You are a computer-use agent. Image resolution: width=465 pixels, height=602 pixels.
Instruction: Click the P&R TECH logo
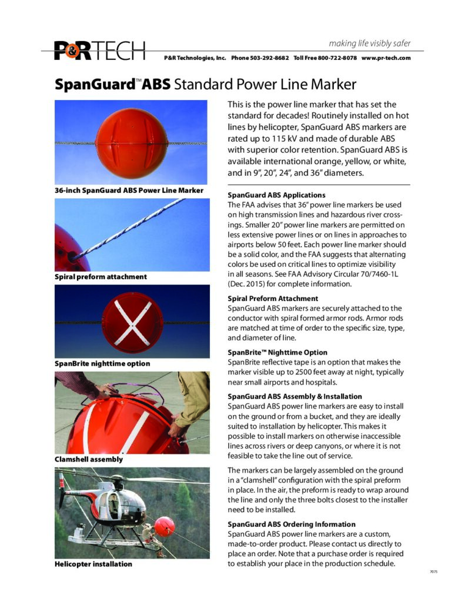pos(99,51)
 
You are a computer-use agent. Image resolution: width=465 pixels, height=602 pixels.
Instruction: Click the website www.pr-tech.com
pos(386,58)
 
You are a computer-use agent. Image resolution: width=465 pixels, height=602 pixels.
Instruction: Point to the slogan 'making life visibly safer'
pos(370,44)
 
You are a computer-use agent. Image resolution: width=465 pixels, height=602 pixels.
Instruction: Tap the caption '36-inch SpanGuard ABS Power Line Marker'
pos(129,190)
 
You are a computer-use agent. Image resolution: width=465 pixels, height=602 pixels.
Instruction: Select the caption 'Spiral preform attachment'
pos(101,276)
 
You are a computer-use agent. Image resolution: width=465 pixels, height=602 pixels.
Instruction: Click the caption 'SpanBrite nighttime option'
pos(102,363)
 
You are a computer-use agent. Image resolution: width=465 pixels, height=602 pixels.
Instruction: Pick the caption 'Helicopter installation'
pos(93,564)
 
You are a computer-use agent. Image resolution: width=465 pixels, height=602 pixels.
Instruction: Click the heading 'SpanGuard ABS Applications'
pos(276,195)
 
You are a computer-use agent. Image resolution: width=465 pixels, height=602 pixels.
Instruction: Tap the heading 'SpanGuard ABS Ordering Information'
pos(292,524)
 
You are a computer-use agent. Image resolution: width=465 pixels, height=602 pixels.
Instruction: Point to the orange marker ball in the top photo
pos(131,142)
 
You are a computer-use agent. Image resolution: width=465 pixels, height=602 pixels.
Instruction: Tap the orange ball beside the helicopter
pos(164,526)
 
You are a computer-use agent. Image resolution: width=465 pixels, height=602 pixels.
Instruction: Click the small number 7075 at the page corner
pos(434,571)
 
